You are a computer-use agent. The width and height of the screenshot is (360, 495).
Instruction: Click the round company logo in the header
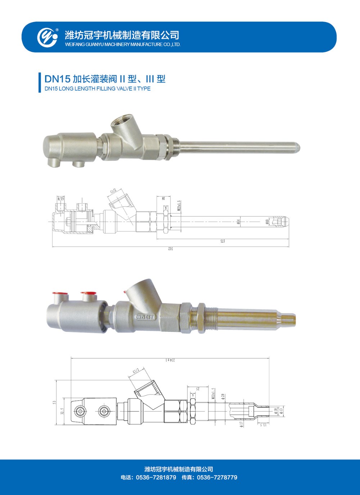(48, 37)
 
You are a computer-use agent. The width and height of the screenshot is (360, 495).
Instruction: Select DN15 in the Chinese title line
(57, 79)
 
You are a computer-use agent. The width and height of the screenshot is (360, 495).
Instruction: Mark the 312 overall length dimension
(171, 249)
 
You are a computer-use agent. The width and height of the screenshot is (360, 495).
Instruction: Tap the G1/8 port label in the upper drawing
(60, 199)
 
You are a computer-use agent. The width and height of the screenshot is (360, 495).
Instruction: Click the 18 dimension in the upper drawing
(163, 198)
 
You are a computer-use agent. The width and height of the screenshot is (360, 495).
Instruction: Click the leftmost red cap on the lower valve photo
(57, 293)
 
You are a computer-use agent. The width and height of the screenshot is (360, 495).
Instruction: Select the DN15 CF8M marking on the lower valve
(145, 317)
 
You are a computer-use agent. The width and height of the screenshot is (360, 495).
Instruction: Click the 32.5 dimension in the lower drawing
(62, 411)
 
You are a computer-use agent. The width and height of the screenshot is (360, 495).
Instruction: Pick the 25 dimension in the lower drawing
(198, 389)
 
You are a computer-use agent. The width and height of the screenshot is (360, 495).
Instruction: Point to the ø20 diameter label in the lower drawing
(223, 396)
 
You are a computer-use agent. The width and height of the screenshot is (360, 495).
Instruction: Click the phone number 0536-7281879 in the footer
(156, 477)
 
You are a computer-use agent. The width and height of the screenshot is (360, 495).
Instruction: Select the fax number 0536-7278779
(217, 477)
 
